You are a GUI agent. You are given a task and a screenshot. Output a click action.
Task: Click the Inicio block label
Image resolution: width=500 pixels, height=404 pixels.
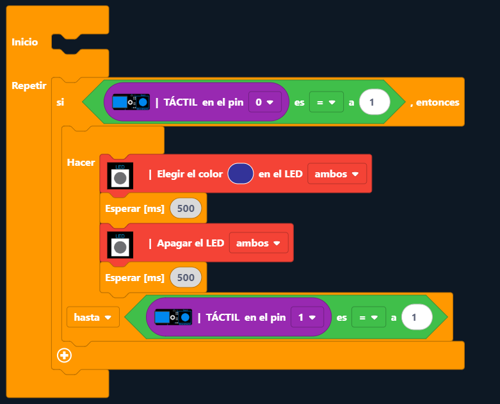[25, 42]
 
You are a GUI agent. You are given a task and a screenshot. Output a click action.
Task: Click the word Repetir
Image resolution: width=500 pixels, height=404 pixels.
[29, 86]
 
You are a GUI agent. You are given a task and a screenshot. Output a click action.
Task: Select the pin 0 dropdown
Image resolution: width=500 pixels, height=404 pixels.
[264, 102]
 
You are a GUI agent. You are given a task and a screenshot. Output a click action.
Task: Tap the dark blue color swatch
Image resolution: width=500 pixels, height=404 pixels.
[240, 174]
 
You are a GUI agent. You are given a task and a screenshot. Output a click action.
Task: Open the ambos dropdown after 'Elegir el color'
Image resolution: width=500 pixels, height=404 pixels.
[337, 174]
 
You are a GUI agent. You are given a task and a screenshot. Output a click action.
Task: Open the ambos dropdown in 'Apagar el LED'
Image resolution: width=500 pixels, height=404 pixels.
[259, 243]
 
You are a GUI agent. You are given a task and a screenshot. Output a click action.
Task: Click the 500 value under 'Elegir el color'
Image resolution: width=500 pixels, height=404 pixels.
[186, 208]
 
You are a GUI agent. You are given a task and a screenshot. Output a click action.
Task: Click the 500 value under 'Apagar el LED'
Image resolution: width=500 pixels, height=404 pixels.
[186, 277]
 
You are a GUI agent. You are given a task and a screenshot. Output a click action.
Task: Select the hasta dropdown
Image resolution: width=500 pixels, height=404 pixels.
[93, 317]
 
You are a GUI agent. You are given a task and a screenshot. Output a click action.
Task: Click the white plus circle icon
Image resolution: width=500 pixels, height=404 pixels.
[64, 355]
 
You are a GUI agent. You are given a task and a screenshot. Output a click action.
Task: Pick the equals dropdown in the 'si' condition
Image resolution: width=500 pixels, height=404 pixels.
[326, 102]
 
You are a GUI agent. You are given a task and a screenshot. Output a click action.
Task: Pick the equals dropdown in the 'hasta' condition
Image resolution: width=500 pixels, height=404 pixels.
[368, 317]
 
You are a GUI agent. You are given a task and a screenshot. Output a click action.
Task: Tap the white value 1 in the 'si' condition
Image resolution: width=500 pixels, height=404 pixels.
[375, 102]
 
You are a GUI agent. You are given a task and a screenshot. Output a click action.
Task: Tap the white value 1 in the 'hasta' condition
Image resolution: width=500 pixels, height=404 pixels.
[417, 317]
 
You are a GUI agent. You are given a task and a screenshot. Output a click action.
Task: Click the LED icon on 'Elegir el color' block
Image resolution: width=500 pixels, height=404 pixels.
[120, 175]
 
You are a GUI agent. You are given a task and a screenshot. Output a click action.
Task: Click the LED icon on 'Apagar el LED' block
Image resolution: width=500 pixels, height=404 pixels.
[120, 244]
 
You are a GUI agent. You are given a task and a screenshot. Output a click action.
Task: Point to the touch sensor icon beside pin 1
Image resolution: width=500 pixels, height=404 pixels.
[173, 317]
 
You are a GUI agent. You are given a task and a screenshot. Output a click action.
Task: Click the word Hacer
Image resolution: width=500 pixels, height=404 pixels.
[81, 162]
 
